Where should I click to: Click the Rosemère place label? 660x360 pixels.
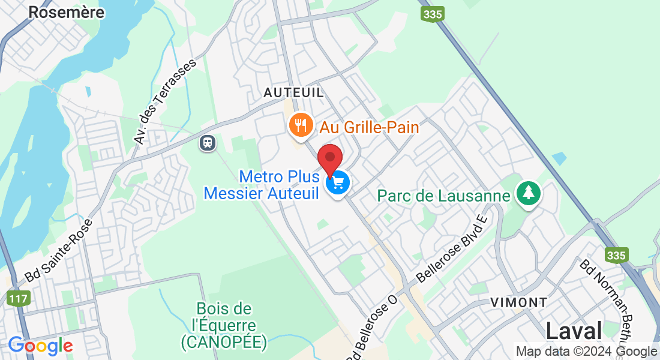pos(67,12)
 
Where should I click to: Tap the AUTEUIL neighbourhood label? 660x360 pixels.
pos(294,92)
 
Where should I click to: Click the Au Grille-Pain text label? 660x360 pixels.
pos(369,127)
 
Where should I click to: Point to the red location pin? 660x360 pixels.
pos(330,159)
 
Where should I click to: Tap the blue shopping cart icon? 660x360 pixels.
pos(338,182)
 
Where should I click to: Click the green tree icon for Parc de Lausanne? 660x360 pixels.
pos(529,193)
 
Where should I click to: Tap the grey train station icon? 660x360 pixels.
pos(208,143)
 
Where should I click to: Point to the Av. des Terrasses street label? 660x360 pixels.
pos(166,101)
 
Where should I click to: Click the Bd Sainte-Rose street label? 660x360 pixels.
pos(59,251)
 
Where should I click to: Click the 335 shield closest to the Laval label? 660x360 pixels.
pos(616,256)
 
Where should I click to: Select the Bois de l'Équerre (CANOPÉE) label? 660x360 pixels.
pos(224,326)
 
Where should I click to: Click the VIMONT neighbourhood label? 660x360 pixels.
pos(519,302)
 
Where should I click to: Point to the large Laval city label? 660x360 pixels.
pos(574,331)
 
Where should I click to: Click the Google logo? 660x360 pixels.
pos(40,346)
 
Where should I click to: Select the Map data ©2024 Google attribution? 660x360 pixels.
pos(586,352)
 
